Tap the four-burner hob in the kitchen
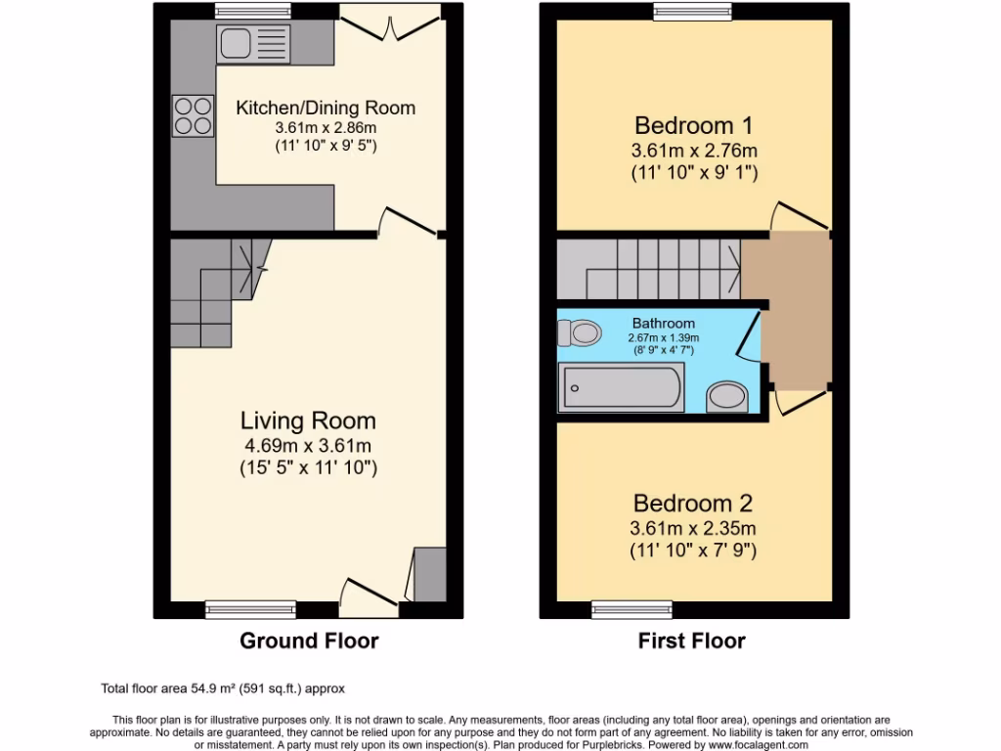(x=193, y=115)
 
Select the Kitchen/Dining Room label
(x=326, y=108)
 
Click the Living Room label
(x=308, y=420)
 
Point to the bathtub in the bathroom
(x=620, y=387)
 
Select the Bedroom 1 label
(x=694, y=125)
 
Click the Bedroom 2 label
(x=693, y=504)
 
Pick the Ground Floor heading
(x=309, y=641)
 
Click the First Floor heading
(x=692, y=641)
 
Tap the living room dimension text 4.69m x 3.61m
(x=308, y=446)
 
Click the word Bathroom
(x=664, y=324)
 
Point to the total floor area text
(x=224, y=688)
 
